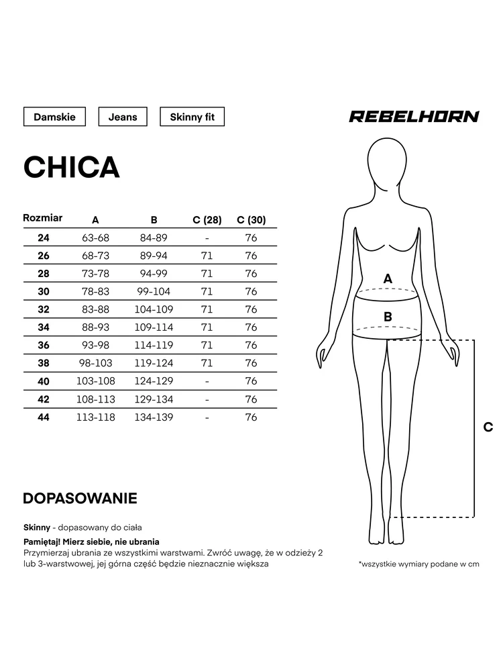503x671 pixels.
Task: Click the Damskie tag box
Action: [54, 117]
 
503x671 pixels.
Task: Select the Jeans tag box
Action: [123, 117]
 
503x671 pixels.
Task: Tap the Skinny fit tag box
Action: [192, 117]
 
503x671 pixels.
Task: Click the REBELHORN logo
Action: [414, 117]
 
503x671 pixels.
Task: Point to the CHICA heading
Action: [72, 167]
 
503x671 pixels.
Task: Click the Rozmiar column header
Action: [43, 218]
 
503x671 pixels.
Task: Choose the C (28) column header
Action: [207, 220]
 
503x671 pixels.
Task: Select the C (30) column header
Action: [251, 220]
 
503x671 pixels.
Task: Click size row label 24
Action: [44, 238]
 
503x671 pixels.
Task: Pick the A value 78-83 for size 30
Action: [95, 291]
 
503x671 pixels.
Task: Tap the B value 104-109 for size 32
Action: [155, 309]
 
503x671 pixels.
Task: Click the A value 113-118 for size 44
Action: [95, 417]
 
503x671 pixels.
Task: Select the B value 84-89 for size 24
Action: [154, 238]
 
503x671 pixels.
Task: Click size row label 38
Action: [44, 363]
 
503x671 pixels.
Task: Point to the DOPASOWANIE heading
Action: [80, 499]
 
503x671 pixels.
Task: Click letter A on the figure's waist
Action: [387, 278]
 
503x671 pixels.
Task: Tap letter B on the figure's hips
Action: [388, 316]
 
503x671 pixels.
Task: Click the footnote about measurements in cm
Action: [419, 564]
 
